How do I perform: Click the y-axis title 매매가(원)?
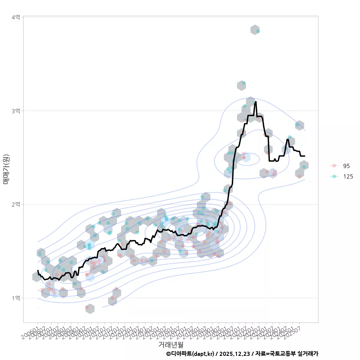tap(6, 169)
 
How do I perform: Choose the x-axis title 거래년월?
tap(171, 344)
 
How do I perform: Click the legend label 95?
tap(346, 166)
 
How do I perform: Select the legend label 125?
tap(348, 176)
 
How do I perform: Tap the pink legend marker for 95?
tap(334, 166)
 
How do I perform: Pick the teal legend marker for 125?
tap(334, 176)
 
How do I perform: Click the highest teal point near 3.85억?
tap(258, 31)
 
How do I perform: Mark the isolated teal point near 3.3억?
tap(243, 83)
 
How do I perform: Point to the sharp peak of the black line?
tap(256, 102)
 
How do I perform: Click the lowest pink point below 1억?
tap(87, 307)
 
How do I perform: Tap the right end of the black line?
tap(304, 156)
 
